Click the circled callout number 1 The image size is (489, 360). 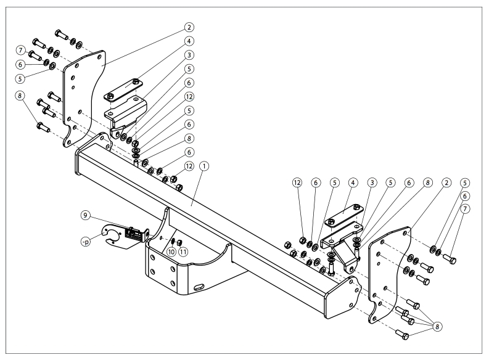pos(204,166)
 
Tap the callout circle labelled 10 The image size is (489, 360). pos(170,252)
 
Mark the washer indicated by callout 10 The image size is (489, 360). pos(172,240)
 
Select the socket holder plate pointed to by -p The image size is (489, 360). pos(115,237)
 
